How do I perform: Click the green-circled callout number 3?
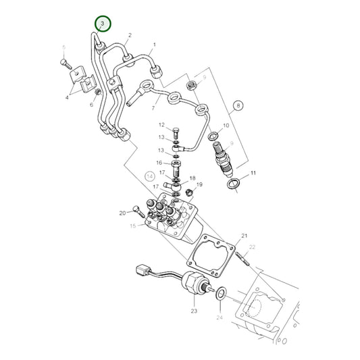(x=101, y=24)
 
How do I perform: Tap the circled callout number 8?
(x=238, y=105)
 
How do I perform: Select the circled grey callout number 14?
(x=149, y=176)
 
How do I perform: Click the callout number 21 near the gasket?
(x=245, y=234)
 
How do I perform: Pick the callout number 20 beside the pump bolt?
(x=122, y=213)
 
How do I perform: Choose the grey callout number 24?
(x=219, y=317)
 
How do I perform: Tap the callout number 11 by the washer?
(x=253, y=174)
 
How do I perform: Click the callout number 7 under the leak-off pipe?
(x=154, y=108)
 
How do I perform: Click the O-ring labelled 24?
(x=220, y=294)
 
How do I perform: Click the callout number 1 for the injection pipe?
(x=154, y=46)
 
